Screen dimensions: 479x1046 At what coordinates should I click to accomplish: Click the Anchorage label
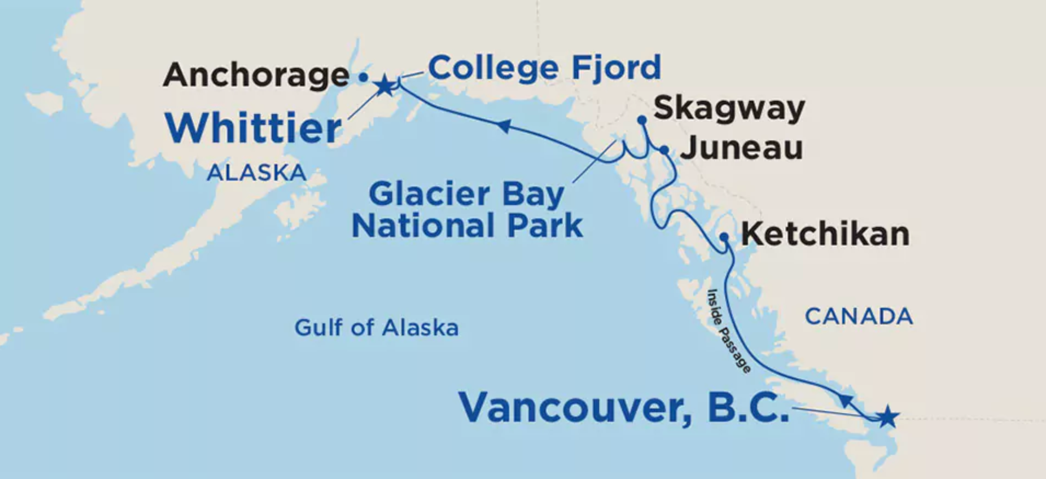256,75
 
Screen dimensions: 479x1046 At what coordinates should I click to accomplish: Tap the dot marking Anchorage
363,78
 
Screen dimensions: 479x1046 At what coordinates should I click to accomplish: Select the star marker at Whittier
385,85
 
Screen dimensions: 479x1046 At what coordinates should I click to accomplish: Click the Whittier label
254,128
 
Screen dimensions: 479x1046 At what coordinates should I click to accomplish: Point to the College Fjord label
544,68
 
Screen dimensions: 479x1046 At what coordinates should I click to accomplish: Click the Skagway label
729,108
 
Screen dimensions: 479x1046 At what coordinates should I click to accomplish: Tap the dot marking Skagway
642,120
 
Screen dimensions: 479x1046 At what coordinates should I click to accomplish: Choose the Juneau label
742,148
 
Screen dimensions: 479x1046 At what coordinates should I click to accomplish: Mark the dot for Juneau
664,150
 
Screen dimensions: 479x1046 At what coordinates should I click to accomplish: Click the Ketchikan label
825,234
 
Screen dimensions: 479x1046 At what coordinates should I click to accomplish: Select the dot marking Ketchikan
724,237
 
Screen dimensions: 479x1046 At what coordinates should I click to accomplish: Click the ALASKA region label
256,173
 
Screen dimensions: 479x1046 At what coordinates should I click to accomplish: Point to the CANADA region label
859,317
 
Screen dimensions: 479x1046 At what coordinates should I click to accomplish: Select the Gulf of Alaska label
376,328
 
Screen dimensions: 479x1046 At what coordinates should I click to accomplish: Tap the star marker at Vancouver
887,418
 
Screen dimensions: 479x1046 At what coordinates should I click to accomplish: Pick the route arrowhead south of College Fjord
504,127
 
